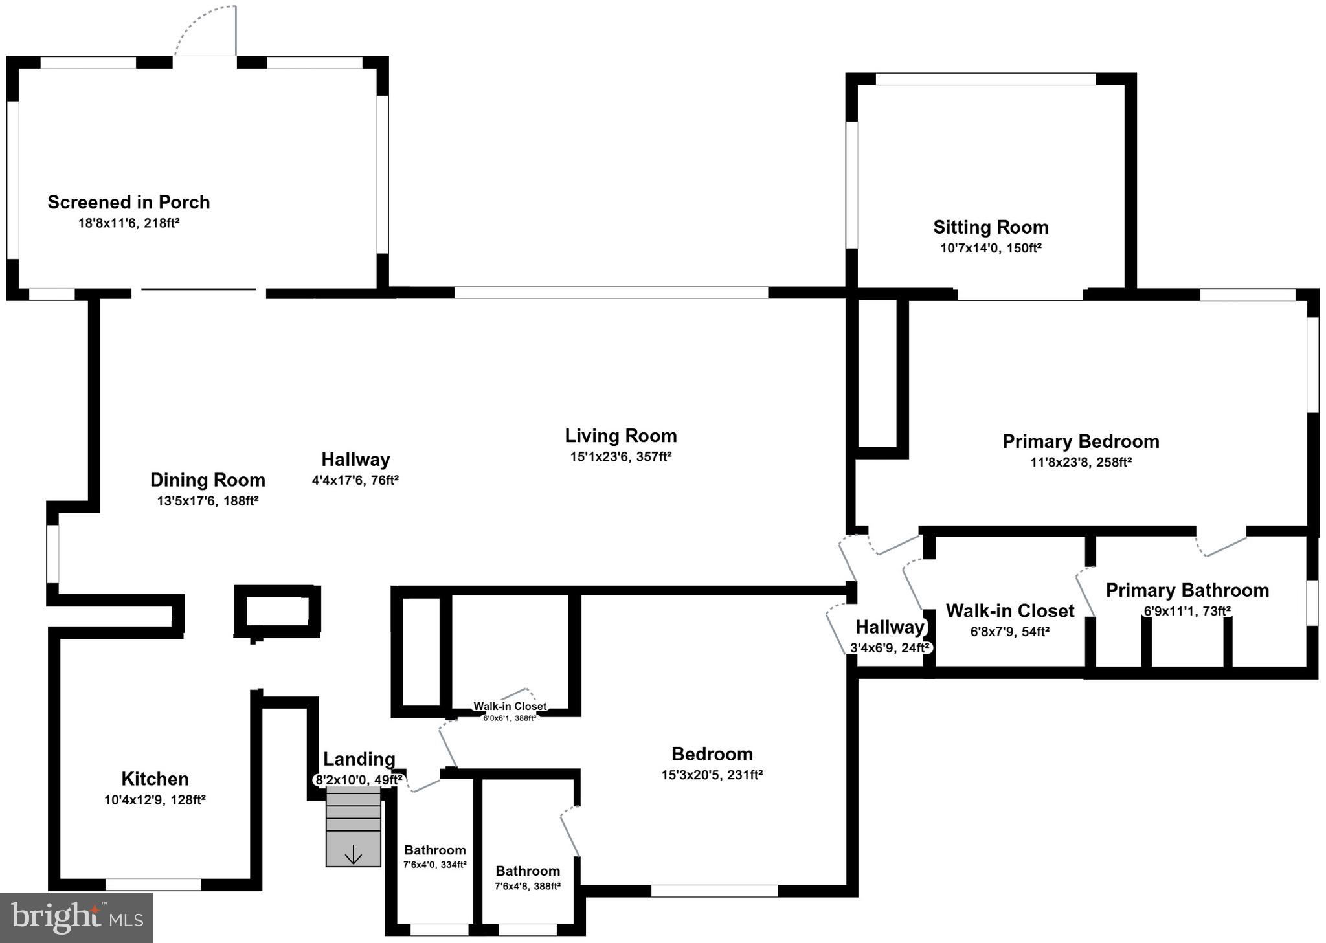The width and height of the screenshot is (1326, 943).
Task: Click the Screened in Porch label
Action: click(x=128, y=203)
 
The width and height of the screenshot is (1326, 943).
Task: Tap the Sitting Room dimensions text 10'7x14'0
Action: click(x=991, y=248)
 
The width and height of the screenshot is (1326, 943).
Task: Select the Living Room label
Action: click(x=620, y=436)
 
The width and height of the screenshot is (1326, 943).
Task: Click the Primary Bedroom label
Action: click(x=1081, y=441)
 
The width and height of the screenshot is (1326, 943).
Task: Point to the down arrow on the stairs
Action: click(x=353, y=856)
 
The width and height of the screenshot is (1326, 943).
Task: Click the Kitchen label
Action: click(x=155, y=779)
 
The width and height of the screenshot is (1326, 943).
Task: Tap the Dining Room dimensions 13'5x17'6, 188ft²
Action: click(x=207, y=501)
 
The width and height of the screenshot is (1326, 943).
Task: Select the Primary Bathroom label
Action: click(x=1187, y=590)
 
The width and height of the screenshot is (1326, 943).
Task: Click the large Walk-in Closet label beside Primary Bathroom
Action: click(x=1009, y=610)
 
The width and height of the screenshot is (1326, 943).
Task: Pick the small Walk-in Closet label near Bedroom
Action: click(x=510, y=706)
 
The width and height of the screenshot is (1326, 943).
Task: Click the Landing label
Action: click(x=359, y=759)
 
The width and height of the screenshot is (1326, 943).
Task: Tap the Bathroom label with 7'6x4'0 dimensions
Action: click(x=434, y=850)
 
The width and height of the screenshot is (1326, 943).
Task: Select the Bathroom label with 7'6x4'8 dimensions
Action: click(x=528, y=871)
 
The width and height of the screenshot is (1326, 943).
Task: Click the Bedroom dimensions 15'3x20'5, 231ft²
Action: click(x=712, y=775)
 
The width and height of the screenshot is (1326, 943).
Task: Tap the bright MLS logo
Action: click(x=76, y=918)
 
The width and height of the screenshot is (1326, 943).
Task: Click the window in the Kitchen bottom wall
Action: click(x=153, y=884)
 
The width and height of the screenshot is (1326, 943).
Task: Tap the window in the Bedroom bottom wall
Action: click(x=714, y=891)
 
